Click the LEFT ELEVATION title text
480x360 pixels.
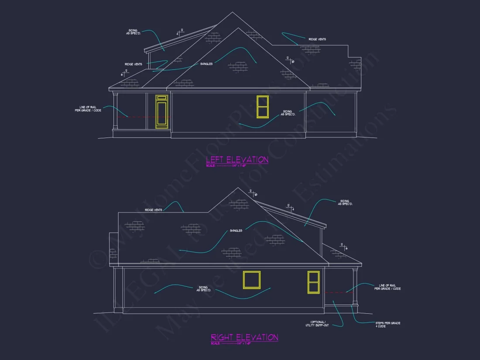(x=237, y=160)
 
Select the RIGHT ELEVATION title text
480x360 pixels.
(x=244, y=337)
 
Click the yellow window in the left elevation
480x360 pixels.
(x=263, y=106)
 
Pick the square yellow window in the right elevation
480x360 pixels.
(x=252, y=280)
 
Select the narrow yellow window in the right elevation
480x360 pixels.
(x=313, y=281)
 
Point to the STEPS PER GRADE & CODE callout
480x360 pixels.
(x=387, y=325)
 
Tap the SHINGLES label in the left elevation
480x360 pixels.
(x=206, y=64)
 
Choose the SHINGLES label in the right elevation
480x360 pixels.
(x=236, y=230)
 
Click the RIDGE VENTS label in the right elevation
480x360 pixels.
(x=154, y=210)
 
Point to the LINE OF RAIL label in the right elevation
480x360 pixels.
(x=387, y=287)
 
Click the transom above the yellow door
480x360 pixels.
(x=162, y=98)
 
